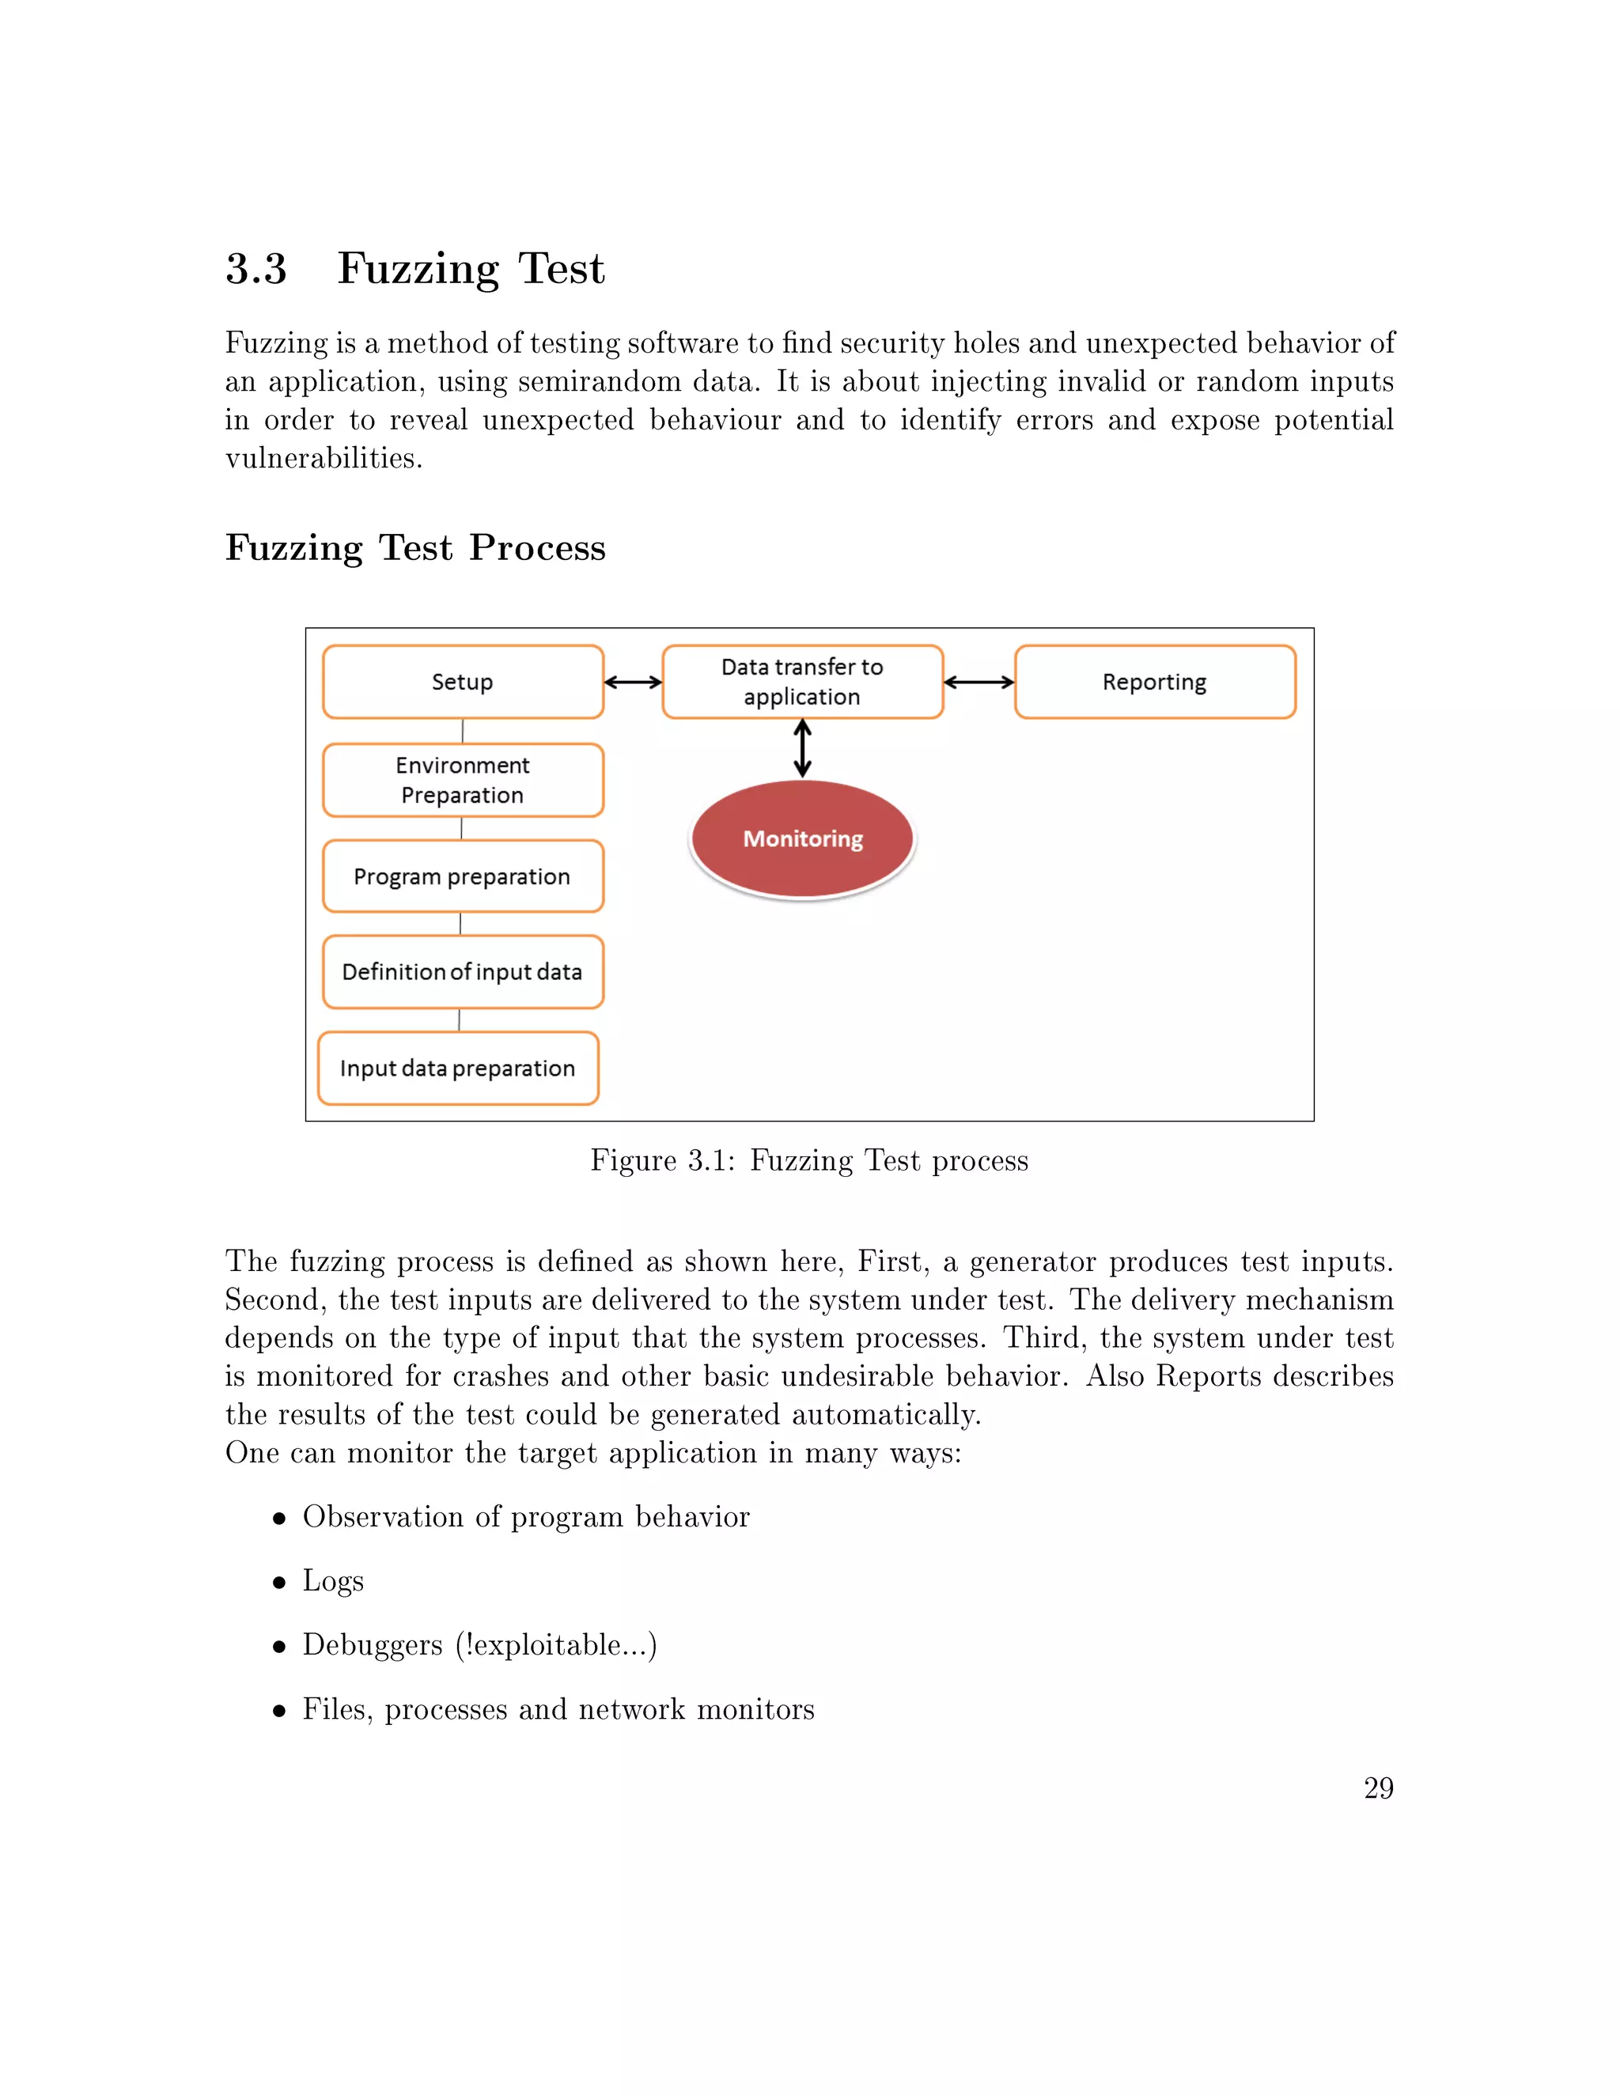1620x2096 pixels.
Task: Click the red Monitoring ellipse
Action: pos(802,838)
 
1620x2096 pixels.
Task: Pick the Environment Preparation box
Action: pos(463,779)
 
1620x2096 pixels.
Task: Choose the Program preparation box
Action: pos(463,876)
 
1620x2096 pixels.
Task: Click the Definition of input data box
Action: pos(463,971)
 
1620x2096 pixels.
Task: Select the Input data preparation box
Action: pos(458,1068)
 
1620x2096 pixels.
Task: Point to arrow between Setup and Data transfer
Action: pos(634,683)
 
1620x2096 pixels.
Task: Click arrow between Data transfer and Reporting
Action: pos(979,683)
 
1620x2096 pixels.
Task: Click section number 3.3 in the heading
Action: pos(256,269)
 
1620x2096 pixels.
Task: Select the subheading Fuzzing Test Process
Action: pos(414,547)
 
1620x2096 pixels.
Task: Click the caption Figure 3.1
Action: pos(809,1160)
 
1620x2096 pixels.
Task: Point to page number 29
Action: pos(1378,1788)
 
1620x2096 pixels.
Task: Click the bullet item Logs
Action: pos(333,1580)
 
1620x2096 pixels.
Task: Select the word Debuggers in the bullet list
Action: pos(373,1645)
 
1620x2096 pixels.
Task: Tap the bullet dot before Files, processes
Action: pos(279,1711)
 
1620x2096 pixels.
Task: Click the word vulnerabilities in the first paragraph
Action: pos(324,459)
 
